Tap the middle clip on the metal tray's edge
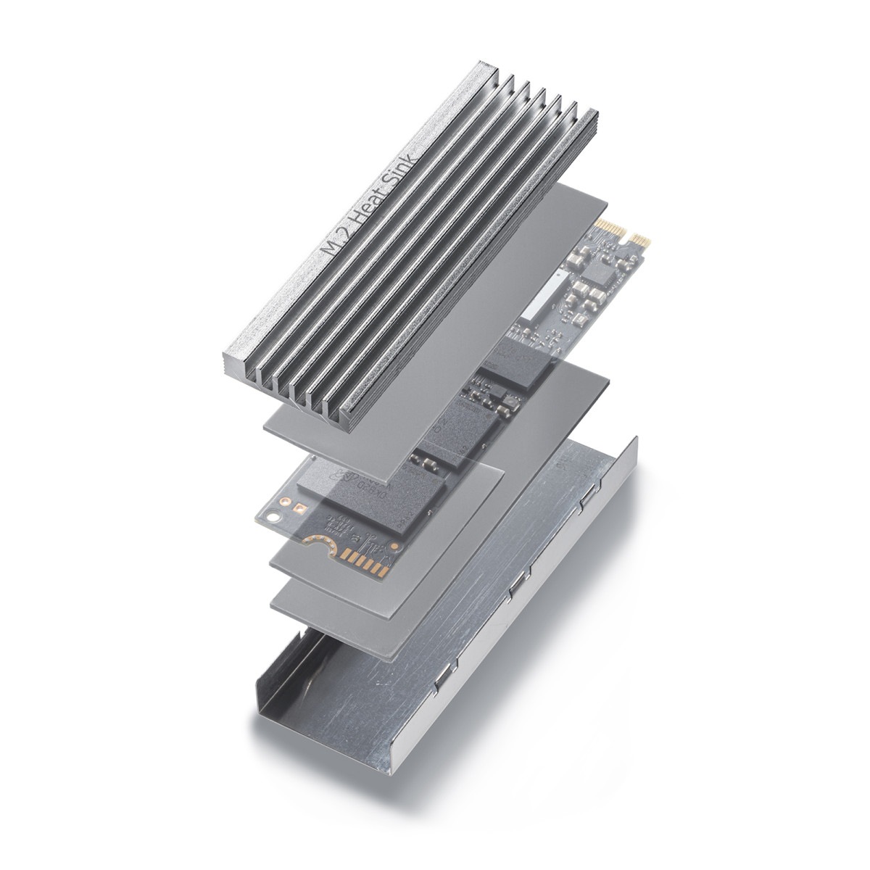point(516,588)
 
